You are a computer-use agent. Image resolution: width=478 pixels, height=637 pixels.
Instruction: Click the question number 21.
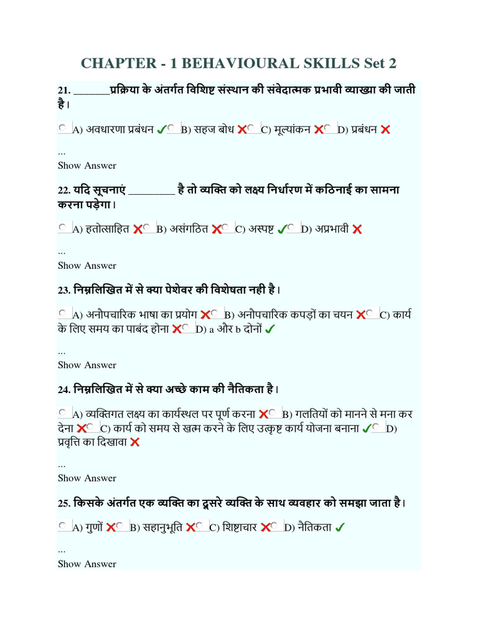point(63,91)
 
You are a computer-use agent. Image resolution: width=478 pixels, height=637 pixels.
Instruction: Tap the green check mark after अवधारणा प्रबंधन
point(161,129)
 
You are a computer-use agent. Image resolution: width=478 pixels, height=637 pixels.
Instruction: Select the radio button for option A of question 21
point(63,128)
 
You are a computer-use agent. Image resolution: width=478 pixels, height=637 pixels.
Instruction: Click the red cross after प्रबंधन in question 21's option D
point(385,129)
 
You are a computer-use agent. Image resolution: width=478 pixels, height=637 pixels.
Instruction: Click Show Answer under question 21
point(87,165)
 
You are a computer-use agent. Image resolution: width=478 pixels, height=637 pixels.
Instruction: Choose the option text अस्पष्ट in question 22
point(261,229)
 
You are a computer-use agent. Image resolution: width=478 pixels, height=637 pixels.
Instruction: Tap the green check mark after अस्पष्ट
point(282,229)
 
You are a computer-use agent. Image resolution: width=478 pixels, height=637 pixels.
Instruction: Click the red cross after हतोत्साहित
point(138,229)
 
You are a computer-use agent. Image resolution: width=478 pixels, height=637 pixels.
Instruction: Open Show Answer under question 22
point(87,265)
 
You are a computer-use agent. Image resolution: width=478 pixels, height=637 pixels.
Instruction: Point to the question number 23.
point(63,290)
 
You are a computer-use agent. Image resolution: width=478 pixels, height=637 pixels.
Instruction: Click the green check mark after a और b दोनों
point(270,330)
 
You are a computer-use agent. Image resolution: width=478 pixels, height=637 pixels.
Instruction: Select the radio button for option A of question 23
point(63,314)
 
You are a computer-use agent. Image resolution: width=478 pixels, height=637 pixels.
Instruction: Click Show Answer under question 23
point(87,365)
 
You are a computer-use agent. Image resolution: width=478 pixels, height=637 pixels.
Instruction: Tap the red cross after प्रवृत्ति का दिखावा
point(135,442)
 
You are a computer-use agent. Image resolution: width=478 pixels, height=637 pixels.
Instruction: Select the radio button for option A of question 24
point(63,413)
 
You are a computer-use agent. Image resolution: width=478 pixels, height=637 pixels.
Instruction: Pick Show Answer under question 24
point(87,478)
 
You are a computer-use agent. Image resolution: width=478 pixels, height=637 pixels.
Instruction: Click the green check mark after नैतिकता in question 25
point(340,528)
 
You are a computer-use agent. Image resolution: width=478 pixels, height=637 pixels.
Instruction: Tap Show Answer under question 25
point(87,564)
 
